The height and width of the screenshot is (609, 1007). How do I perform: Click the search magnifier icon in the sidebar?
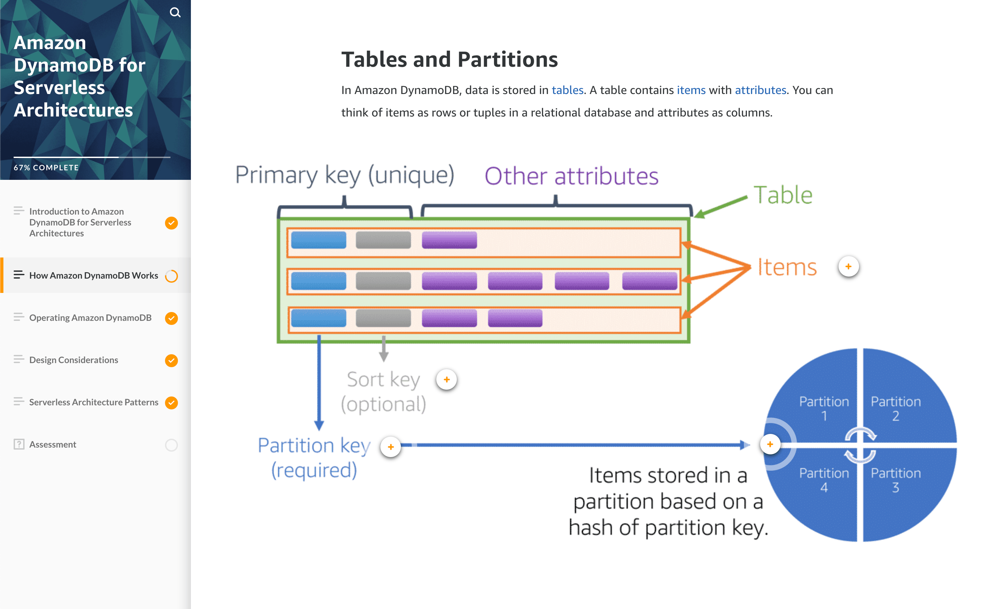click(175, 12)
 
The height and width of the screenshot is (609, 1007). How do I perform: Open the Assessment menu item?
click(53, 444)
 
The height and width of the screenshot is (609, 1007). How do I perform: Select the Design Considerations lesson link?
click(74, 360)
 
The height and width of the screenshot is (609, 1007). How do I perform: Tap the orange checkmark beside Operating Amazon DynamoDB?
click(171, 318)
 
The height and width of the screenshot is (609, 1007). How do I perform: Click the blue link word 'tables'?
click(567, 90)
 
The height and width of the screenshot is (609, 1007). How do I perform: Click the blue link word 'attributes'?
click(760, 90)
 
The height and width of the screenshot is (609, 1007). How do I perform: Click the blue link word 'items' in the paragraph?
click(691, 90)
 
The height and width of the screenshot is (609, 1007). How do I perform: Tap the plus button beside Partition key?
click(391, 447)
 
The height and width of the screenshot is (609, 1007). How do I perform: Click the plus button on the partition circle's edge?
click(770, 444)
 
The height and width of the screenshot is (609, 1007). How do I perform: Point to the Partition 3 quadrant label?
click(896, 480)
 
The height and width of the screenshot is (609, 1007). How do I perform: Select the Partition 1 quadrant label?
click(824, 408)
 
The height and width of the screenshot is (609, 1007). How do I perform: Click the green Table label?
click(783, 195)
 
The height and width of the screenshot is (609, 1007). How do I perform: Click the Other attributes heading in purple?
click(571, 176)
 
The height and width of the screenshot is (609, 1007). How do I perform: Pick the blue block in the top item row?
click(318, 240)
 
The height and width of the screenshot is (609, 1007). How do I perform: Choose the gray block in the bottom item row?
click(383, 318)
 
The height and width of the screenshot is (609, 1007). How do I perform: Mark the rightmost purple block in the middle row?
click(649, 281)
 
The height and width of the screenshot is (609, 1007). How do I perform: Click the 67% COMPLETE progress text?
click(46, 168)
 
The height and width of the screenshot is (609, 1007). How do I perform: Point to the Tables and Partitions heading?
click(449, 60)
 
